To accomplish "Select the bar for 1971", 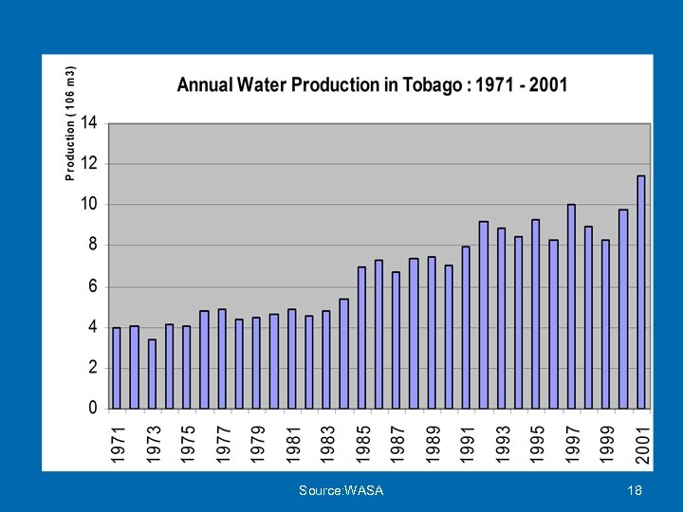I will (117, 368).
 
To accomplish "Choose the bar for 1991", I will (466, 327).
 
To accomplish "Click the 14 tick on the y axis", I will (89, 122).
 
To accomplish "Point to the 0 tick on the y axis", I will (93, 408).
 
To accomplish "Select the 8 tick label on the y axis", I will (93, 245).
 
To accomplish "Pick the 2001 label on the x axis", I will (643, 444).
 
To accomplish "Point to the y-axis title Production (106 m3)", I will (70, 122).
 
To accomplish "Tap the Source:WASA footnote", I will (341, 490).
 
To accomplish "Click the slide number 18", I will (636, 490).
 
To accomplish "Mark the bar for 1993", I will (501, 318).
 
